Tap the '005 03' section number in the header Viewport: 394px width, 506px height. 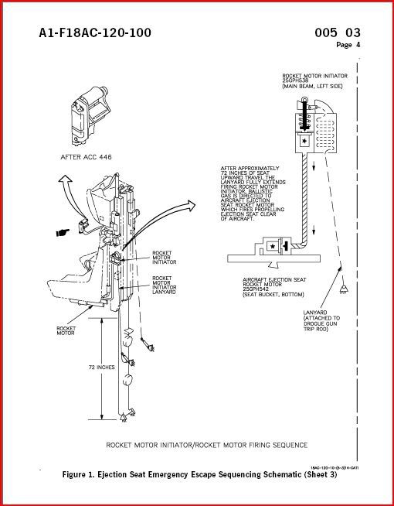point(338,32)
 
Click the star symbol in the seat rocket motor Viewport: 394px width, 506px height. point(273,246)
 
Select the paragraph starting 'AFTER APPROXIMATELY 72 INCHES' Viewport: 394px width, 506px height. point(252,193)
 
